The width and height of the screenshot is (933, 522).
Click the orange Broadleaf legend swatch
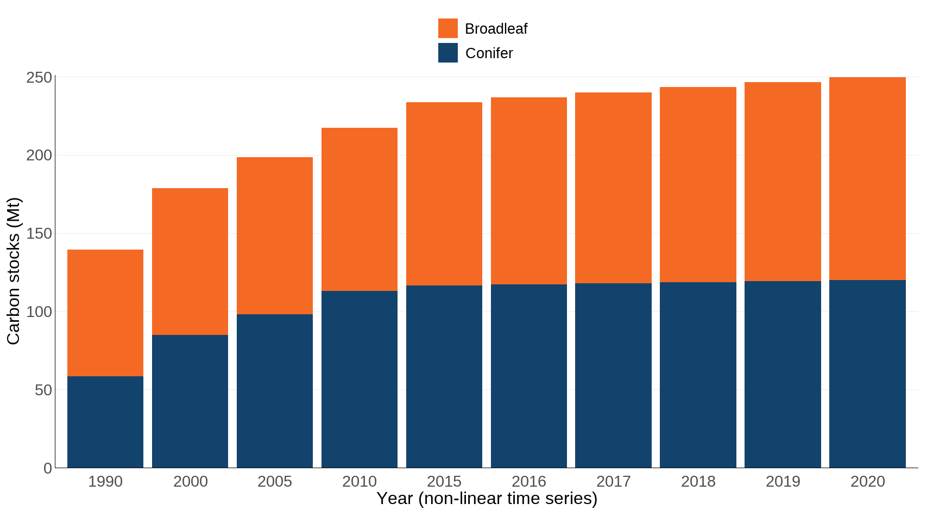coord(447,28)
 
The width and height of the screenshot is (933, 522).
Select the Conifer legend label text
coord(489,53)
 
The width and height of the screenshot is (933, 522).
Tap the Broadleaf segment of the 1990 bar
coord(105,313)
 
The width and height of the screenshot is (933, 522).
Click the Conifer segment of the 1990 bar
coord(105,421)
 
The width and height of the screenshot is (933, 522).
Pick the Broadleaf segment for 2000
coord(190,261)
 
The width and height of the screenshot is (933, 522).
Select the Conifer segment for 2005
coord(275,390)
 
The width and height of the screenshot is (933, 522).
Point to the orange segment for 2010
coord(360,209)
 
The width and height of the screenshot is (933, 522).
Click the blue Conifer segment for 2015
coord(444,376)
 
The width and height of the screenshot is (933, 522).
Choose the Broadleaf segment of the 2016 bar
coord(529,190)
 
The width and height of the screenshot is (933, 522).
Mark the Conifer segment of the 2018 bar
coord(698,375)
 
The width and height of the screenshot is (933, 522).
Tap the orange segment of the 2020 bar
coord(867,178)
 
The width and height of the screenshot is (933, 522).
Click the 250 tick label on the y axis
coord(39,78)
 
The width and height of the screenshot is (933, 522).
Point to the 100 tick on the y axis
coord(39,312)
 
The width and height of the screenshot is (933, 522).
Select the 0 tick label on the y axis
coord(48,468)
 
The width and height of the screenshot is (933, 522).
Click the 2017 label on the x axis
coord(614,481)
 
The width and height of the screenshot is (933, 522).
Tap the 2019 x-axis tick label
coord(783,481)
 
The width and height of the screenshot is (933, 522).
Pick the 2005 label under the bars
coord(275,481)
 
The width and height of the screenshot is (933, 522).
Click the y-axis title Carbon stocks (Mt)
coord(13,271)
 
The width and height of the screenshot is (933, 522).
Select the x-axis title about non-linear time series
coord(487,498)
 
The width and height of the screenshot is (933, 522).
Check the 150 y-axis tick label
coord(39,234)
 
